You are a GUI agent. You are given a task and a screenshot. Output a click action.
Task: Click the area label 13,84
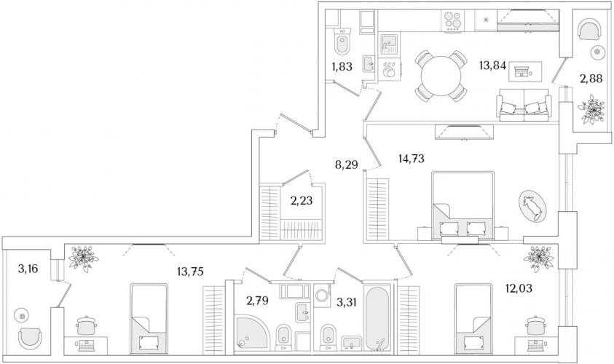(492, 66)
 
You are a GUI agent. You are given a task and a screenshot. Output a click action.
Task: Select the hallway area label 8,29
(347, 165)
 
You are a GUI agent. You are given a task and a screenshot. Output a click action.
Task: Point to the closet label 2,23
(302, 201)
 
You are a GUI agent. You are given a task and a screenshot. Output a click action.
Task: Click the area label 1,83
(342, 66)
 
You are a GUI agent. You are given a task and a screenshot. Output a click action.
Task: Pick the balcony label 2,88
(591, 79)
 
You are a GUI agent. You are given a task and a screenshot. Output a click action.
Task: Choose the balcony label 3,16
(28, 269)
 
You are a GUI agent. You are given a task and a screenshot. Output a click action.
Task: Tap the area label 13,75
(190, 272)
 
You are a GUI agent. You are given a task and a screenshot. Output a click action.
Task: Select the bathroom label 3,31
(347, 302)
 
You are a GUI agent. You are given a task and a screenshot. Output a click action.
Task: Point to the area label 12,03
(519, 288)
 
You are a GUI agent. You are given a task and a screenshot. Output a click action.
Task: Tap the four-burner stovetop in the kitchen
(452, 20)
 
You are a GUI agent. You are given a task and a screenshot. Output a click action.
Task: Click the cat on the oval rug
(532, 205)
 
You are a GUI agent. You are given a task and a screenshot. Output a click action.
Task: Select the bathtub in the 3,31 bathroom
(377, 316)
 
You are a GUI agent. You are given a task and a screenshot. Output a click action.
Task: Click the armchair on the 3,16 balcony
(30, 338)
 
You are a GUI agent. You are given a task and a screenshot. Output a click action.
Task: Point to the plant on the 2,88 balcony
(591, 111)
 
